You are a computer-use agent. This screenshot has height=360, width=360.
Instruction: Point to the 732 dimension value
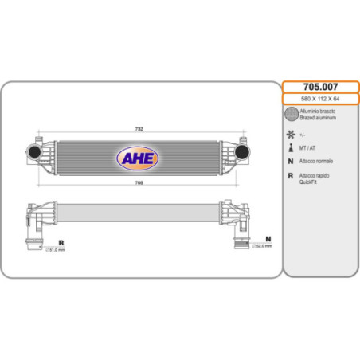[x=138, y=128]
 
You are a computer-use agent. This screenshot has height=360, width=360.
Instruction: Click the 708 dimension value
[x=138, y=184]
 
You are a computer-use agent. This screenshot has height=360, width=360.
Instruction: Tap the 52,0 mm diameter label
[x=262, y=246]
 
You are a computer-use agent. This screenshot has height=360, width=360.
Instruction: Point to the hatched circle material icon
[x=291, y=114]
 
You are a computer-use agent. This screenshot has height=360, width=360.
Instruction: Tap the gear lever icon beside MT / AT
[x=291, y=148]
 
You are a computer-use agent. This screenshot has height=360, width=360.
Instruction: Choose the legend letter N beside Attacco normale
[x=291, y=162]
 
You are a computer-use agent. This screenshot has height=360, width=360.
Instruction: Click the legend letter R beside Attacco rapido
[x=291, y=175]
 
